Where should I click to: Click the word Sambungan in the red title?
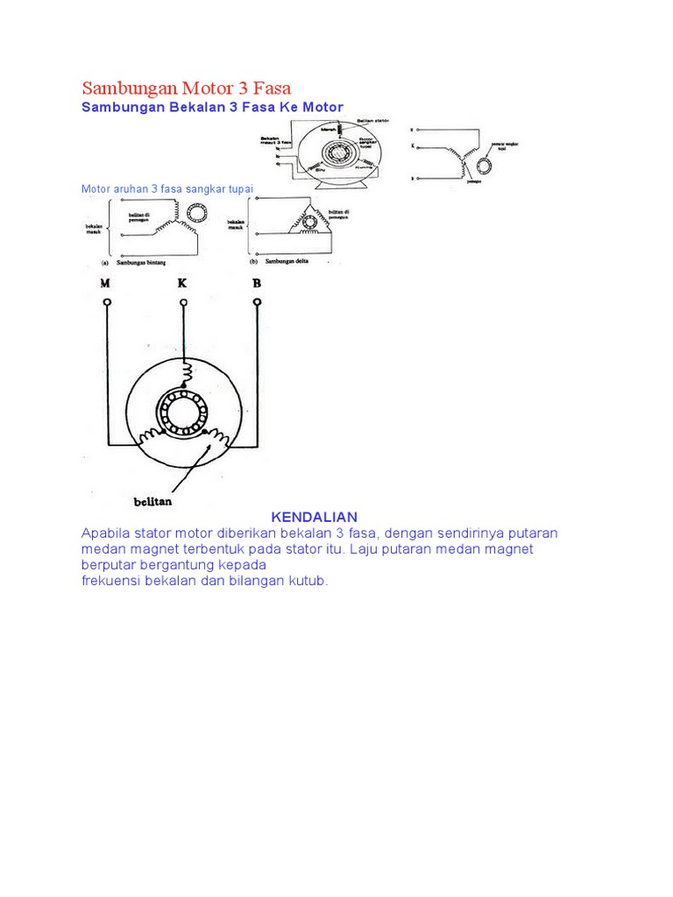129,88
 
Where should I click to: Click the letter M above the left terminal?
106,282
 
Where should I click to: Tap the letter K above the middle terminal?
182,282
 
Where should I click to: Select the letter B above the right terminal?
257,282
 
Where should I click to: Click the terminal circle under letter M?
107,303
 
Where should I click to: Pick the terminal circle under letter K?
183,303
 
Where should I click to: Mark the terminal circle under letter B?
258,303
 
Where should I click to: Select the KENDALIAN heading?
314,517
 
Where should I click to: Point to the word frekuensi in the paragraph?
111,581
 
